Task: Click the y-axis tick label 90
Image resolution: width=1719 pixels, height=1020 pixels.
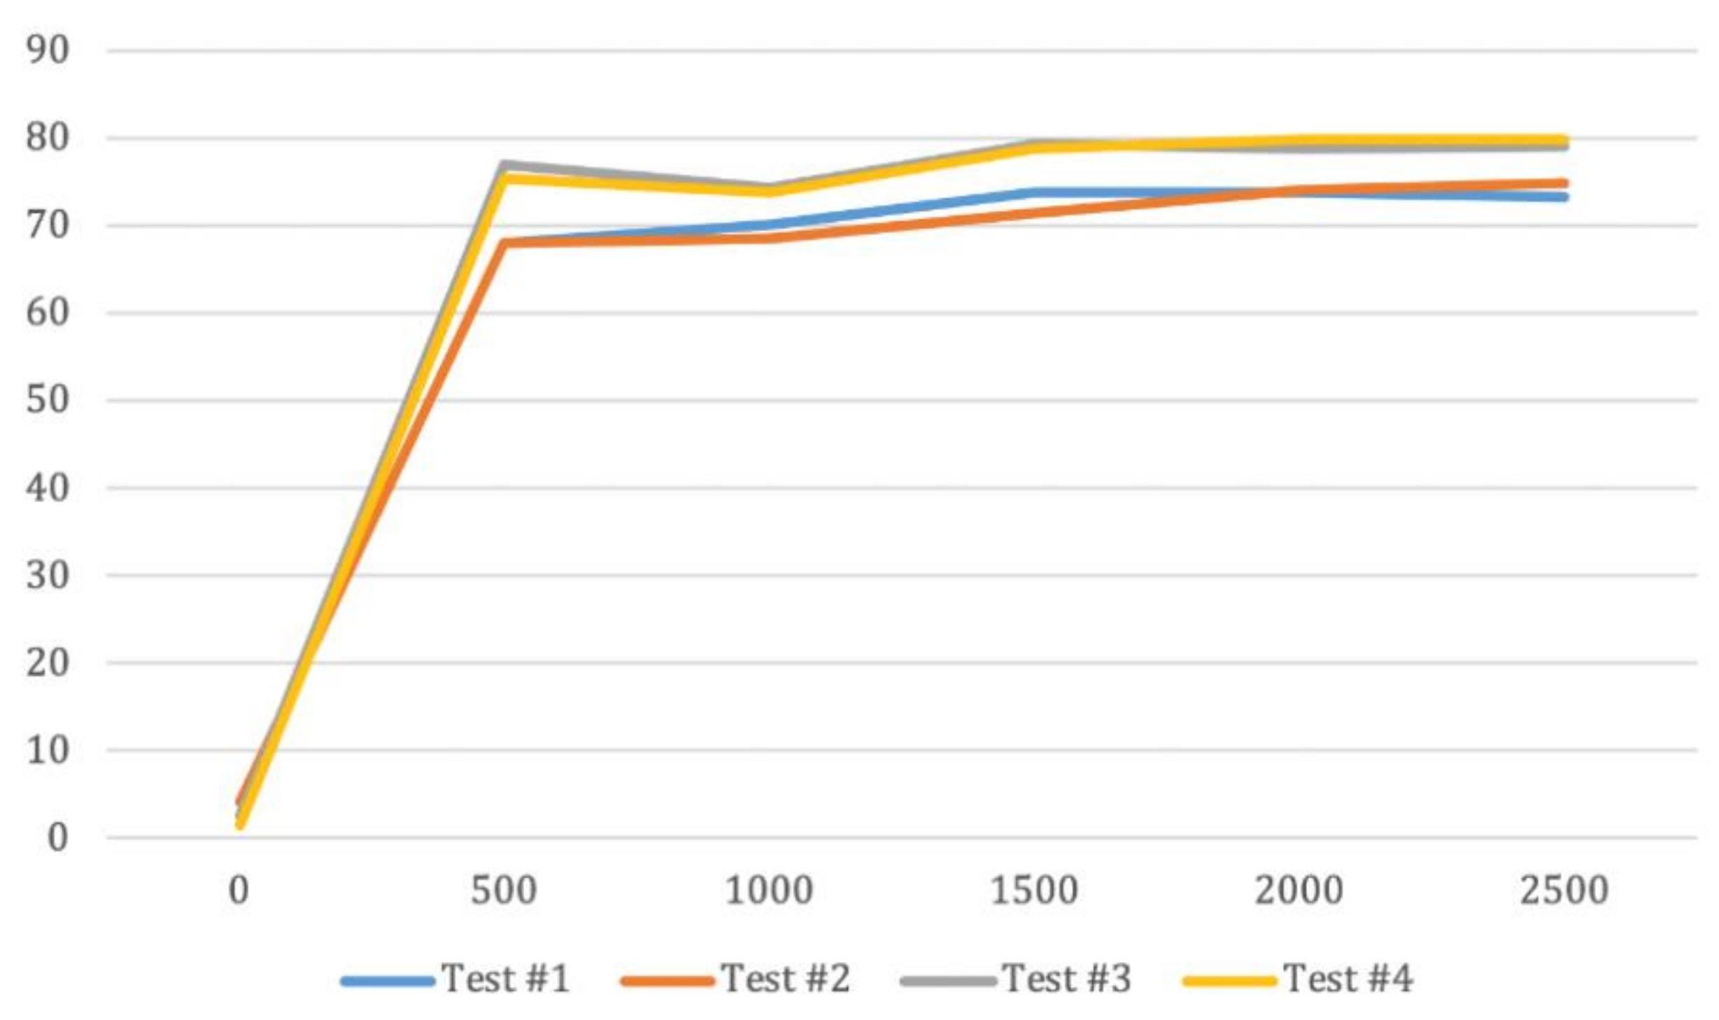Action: point(48,50)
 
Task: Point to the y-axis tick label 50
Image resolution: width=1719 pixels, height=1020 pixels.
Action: point(48,400)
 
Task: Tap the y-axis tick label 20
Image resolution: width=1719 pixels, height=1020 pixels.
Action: point(48,663)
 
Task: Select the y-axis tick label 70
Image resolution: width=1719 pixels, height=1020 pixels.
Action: point(48,225)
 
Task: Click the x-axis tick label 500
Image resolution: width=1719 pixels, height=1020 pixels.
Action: point(504,891)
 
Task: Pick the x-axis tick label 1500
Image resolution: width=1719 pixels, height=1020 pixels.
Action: point(1034,891)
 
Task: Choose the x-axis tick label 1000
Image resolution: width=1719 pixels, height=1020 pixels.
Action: point(769,891)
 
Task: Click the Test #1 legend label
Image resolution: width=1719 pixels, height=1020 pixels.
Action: point(505,978)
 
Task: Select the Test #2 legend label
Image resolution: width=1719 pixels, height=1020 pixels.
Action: point(786,978)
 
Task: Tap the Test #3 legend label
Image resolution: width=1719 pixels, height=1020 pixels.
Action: point(1067,978)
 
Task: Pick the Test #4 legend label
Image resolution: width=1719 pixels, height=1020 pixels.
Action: point(1348,978)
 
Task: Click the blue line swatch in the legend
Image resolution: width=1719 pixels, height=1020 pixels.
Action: point(388,982)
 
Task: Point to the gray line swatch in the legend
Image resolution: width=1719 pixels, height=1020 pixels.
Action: point(949,982)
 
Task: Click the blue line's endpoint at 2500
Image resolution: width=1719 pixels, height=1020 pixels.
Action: point(1563,197)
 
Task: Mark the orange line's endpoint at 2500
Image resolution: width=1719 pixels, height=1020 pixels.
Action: point(1563,183)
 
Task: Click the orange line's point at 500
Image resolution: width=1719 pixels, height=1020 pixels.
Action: point(504,243)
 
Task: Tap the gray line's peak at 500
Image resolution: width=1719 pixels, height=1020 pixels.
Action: point(504,164)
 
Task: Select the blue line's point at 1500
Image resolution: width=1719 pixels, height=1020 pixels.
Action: point(1034,192)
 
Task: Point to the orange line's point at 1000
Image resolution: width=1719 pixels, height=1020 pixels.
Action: point(769,239)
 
